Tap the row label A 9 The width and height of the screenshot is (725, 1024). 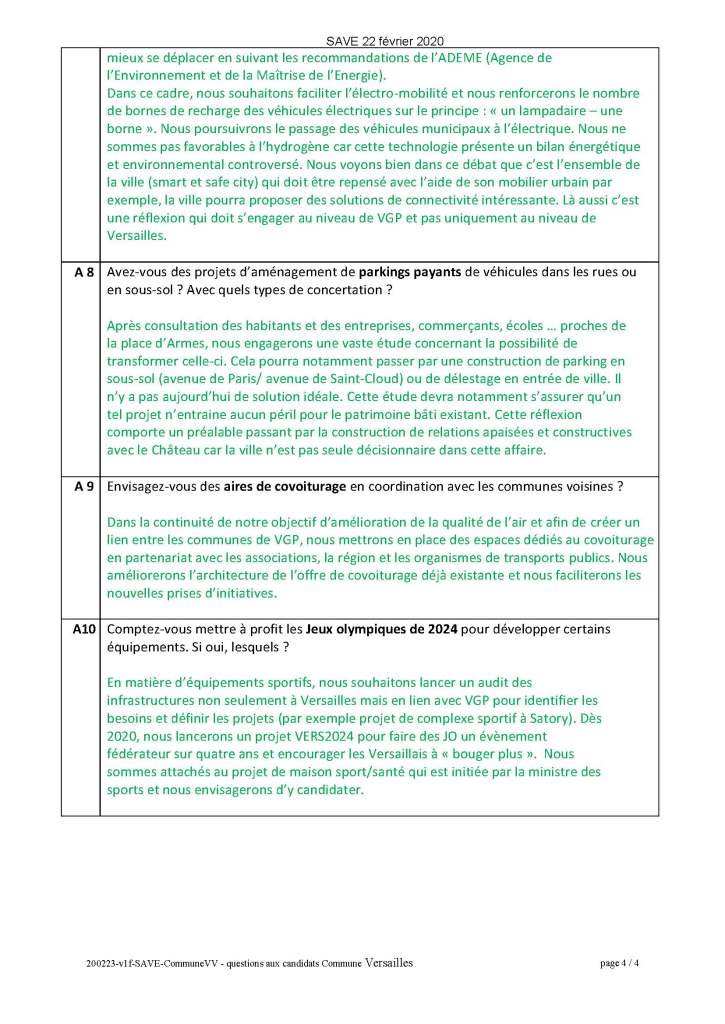tap(84, 488)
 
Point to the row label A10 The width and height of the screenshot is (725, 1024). tap(84, 630)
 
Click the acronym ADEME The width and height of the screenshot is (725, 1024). tap(472, 58)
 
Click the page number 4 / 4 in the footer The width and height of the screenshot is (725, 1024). tap(619, 964)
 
